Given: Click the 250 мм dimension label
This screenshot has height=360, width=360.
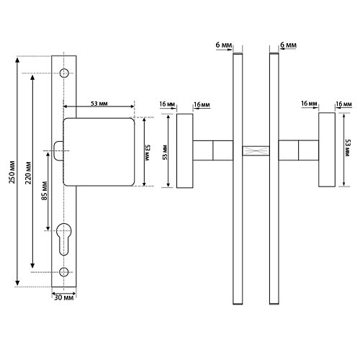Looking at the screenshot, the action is click(x=12, y=172).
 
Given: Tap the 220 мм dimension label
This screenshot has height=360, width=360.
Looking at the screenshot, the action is click(x=28, y=173).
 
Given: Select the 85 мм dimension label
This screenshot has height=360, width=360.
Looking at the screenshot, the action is click(x=45, y=191).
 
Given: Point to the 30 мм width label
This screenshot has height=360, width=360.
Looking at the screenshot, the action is click(x=64, y=297).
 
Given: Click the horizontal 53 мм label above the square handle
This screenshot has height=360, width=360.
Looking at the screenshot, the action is click(x=99, y=104).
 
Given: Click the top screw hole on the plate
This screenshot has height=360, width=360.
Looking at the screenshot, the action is click(x=64, y=73).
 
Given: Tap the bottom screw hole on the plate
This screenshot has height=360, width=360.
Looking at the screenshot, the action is click(x=64, y=272).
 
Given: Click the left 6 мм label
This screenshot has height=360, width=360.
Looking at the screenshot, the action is click(x=224, y=45).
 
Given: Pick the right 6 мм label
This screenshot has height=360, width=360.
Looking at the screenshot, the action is click(x=288, y=45).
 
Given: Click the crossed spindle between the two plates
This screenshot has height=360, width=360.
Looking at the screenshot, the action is click(x=256, y=151).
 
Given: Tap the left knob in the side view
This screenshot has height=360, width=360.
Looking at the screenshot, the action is click(x=185, y=150).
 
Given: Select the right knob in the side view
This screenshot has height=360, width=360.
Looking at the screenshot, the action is click(x=327, y=150).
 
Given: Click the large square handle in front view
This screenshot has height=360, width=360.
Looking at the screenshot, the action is click(x=99, y=152).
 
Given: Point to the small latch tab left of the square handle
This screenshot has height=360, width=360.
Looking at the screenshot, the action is click(x=58, y=150).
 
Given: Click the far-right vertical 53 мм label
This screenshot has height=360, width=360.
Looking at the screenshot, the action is click(x=348, y=148).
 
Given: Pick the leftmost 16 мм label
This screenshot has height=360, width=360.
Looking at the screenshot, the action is click(x=167, y=104).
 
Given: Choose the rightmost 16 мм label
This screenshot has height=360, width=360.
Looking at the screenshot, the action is click(x=343, y=104).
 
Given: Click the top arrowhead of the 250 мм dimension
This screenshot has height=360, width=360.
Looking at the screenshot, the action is click(x=17, y=60).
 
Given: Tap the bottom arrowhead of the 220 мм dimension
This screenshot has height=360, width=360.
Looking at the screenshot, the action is click(x=32, y=265).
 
